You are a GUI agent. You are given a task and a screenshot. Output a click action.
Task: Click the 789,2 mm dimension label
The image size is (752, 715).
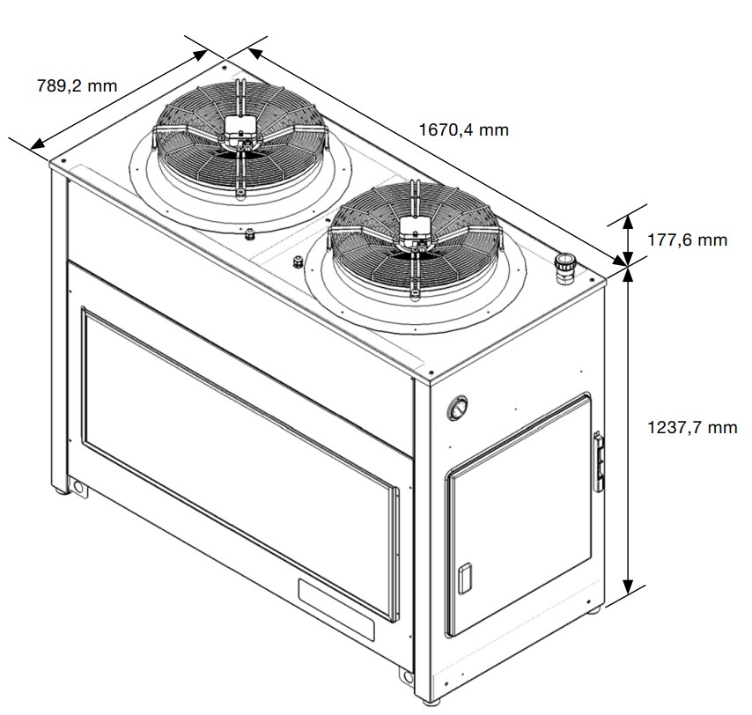[x=77, y=85]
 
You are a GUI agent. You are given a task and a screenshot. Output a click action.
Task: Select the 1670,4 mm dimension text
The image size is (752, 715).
[x=463, y=130]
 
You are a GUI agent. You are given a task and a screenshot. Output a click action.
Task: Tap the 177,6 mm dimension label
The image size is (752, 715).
[x=687, y=240]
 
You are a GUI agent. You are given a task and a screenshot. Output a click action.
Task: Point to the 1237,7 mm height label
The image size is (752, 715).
[x=692, y=427]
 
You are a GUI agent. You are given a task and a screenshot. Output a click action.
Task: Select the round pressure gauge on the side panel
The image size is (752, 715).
[x=457, y=408]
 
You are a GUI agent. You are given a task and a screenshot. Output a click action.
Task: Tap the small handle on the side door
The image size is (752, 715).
[x=465, y=579]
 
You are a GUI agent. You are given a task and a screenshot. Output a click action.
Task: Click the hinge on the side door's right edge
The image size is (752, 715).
[x=598, y=461]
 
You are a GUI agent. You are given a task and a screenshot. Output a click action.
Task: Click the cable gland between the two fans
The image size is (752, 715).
[x=299, y=262]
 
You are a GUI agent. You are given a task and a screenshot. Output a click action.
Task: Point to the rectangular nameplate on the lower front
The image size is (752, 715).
[x=335, y=609]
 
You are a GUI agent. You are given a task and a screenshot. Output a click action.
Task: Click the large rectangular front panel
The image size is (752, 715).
[x=240, y=464]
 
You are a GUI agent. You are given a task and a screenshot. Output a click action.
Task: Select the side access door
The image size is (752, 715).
[x=519, y=514]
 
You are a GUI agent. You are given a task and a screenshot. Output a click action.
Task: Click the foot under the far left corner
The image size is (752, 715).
[x=60, y=490]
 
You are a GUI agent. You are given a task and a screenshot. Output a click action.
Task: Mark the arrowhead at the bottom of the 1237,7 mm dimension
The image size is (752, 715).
[x=627, y=586]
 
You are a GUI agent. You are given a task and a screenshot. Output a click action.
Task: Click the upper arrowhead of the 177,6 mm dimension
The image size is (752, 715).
[x=627, y=224]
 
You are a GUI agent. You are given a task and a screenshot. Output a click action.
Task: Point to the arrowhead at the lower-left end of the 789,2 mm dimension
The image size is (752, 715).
[x=38, y=144]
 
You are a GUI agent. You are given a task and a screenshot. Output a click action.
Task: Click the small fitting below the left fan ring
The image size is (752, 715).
[x=250, y=234]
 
